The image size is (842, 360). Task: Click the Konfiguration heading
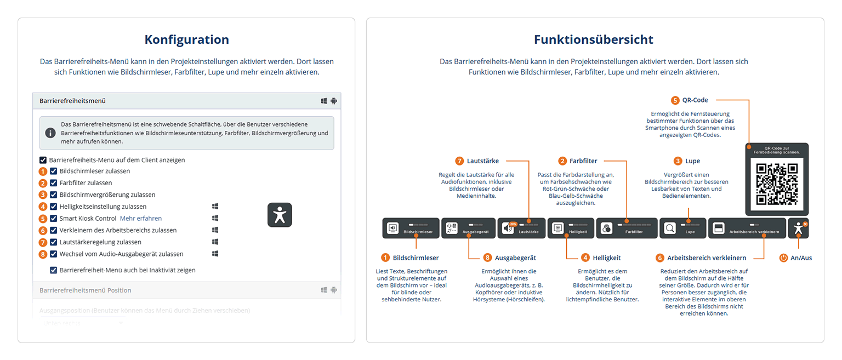186,39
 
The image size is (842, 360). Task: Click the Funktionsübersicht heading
594,39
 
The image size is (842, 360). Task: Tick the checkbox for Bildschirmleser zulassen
54,172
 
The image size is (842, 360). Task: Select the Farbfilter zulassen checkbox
54,183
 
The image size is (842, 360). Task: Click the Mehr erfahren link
141,218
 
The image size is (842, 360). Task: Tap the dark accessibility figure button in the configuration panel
280,215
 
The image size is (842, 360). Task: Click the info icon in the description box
50,133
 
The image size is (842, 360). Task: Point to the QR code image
777,184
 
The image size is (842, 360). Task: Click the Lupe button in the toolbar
682,228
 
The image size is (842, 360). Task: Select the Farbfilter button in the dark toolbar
626,228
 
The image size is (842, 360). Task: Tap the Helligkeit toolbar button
570,228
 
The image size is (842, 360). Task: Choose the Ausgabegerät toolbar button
468,228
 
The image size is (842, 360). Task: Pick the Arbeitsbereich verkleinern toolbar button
747,228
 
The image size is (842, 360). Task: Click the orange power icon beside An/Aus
783,258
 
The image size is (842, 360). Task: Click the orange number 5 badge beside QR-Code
675,100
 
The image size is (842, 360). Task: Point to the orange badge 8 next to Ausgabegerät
488,258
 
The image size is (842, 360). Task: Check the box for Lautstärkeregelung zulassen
54,242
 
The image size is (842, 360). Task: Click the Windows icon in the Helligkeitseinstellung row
215,207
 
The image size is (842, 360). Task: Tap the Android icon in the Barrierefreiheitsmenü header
333,101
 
